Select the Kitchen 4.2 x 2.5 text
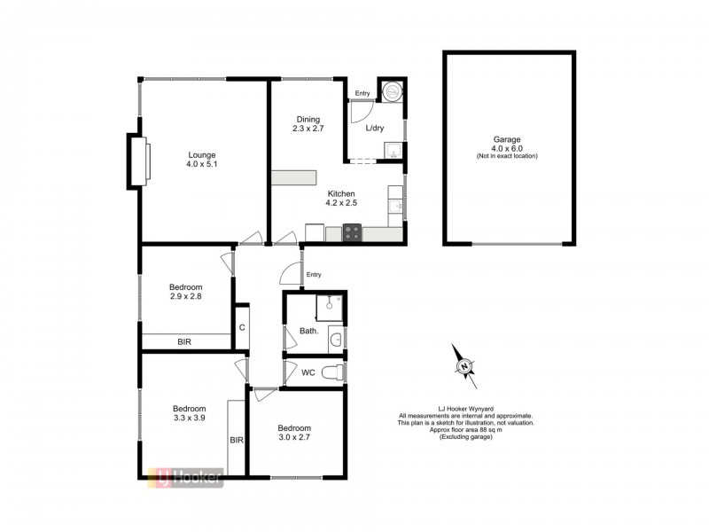tap(341, 199)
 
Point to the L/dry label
tap(375, 128)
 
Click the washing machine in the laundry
tap(391, 90)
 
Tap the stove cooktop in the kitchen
tap(352, 234)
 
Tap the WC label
tap(308, 372)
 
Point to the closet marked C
tap(241, 328)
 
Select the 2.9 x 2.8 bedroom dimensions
tap(186, 298)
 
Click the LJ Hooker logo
tap(184, 477)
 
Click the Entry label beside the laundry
tap(362, 93)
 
